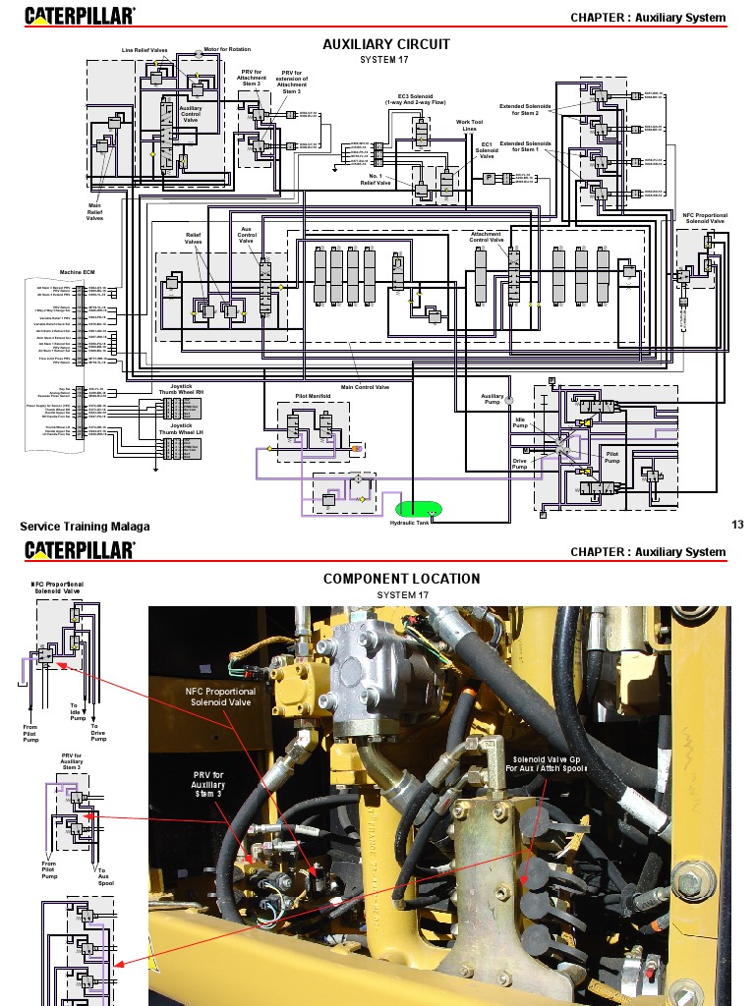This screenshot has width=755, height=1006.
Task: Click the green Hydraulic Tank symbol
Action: pos(418,509)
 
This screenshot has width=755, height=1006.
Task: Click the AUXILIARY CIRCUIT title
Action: pos(386,44)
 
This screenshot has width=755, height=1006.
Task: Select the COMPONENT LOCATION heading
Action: pos(401,579)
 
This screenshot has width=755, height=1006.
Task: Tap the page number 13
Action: pos(737,525)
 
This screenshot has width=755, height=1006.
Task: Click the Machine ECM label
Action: pos(77,272)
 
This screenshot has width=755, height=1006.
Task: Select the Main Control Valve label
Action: pos(365,387)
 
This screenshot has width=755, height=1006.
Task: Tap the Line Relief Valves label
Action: pos(145,49)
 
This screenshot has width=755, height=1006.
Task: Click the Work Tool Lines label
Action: pos(470,126)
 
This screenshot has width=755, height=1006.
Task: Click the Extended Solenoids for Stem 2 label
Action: pos(526,109)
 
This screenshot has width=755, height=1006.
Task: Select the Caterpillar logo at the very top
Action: pos(81,17)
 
